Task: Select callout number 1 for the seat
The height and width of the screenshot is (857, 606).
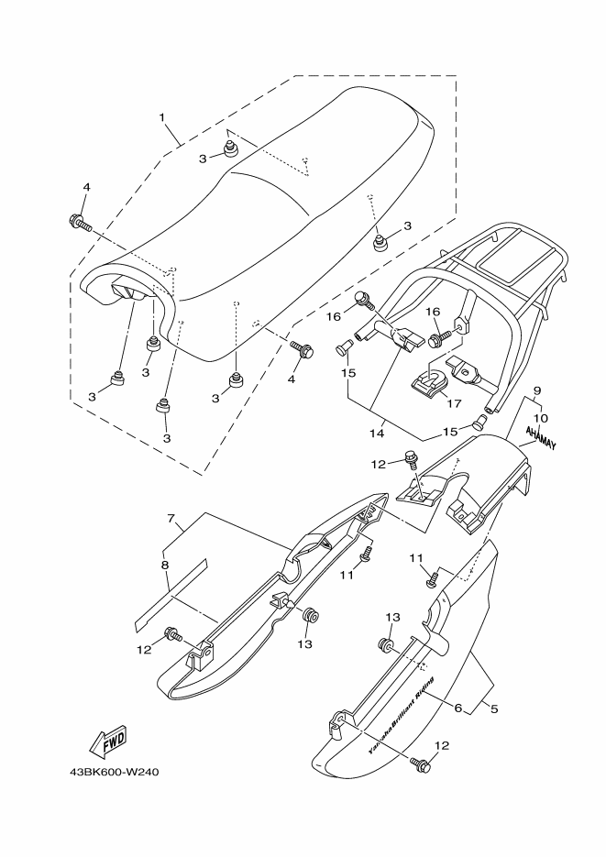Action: coord(161,118)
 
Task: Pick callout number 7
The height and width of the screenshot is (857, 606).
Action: coord(171,519)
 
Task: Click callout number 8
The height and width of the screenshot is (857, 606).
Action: coord(165,566)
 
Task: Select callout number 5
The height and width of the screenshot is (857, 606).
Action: coord(494,709)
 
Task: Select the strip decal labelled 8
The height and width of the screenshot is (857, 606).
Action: coord(171,592)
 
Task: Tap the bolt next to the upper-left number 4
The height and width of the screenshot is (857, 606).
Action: coord(79,222)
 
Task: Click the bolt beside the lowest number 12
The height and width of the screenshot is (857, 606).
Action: coord(421,763)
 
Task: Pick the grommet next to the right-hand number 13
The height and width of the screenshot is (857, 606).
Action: coord(386,646)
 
